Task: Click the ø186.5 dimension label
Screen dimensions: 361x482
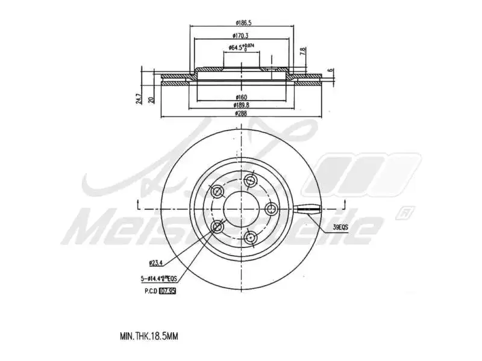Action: coord(243,23)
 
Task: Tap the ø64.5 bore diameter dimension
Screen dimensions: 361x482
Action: coord(241,48)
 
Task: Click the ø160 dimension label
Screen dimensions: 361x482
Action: coord(242,97)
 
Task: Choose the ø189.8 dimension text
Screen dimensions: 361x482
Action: coord(242,105)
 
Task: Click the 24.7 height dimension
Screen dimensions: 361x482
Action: coord(139,98)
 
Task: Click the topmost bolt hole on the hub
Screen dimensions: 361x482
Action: coord(251,179)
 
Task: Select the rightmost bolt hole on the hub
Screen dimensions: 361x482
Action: coord(272,209)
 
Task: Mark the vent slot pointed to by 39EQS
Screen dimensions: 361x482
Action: coord(309,209)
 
